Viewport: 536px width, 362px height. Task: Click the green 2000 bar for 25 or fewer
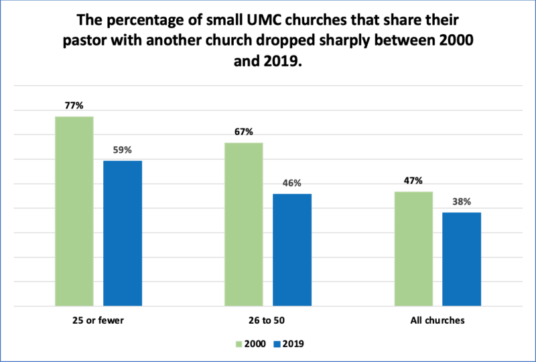(x=74, y=211)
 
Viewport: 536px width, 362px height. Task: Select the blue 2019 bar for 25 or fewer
(x=123, y=233)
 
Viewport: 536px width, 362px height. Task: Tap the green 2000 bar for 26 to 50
(x=244, y=224)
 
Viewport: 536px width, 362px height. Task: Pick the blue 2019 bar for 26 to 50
(x=292, y=249)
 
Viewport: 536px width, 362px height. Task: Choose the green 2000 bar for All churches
(x=413, y=249)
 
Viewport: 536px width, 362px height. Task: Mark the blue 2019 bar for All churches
(x=462, y=259)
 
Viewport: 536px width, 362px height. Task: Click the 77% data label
(x=74, y=106)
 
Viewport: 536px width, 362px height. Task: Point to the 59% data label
(x=123, y=150)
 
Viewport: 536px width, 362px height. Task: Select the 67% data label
(x=244, y=132)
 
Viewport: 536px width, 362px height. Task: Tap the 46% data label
(x=292, y=183)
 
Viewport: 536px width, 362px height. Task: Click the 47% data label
(x=413, y=181)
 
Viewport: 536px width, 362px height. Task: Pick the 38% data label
(x=462, y=202)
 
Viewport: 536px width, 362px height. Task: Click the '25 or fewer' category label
(x=98, y=320)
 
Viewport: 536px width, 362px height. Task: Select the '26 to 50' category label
(x=268, y=320)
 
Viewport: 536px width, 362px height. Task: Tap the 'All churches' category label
(x=438, y=320)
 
